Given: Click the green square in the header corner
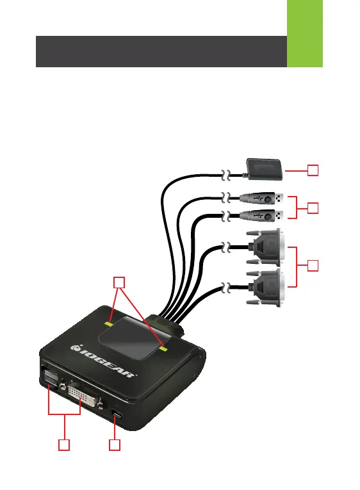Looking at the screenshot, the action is click(305, 33).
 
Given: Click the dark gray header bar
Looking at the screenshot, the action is click(161, 52).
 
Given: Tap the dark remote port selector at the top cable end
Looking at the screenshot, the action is click(265, 169).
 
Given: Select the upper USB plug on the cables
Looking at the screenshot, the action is click(262, 199).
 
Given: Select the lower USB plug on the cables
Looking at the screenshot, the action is click(262, 215).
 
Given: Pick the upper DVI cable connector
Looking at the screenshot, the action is click(266, 247).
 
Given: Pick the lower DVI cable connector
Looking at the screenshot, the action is click(266, 287).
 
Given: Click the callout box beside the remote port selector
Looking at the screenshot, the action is click(313, 170).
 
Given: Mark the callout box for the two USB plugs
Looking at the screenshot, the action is click(313, 208).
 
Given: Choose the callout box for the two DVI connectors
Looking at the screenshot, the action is click(313, 266).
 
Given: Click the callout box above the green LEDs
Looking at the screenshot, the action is click(119, 282).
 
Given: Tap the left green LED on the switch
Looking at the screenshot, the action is click(109, 323).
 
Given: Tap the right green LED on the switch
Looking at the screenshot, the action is click(163, 348).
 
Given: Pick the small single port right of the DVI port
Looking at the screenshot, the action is click(117, 414).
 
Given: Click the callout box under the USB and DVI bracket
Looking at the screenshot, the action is click(64, 445).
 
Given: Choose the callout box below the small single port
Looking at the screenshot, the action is click(115, 445).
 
